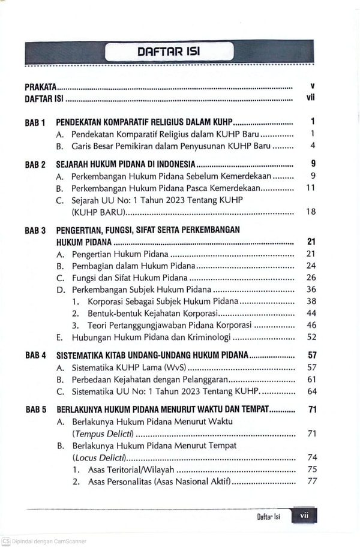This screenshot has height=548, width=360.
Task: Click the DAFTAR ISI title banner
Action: (169, 52)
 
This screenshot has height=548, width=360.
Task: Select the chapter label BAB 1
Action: (35, 122)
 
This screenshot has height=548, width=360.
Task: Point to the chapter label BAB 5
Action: (35, 411)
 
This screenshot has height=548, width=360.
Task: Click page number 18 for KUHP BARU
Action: (310, 212)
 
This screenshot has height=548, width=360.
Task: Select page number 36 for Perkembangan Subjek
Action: (311, 290)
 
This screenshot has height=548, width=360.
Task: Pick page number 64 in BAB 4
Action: (311, 392)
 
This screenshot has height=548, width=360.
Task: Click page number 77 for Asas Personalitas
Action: (311, 481)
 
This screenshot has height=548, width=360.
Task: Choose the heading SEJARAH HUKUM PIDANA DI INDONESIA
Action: (125, 164)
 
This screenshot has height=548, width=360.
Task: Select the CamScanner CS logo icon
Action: (5, 541)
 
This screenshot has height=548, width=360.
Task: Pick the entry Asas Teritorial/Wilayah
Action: (131, 469)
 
